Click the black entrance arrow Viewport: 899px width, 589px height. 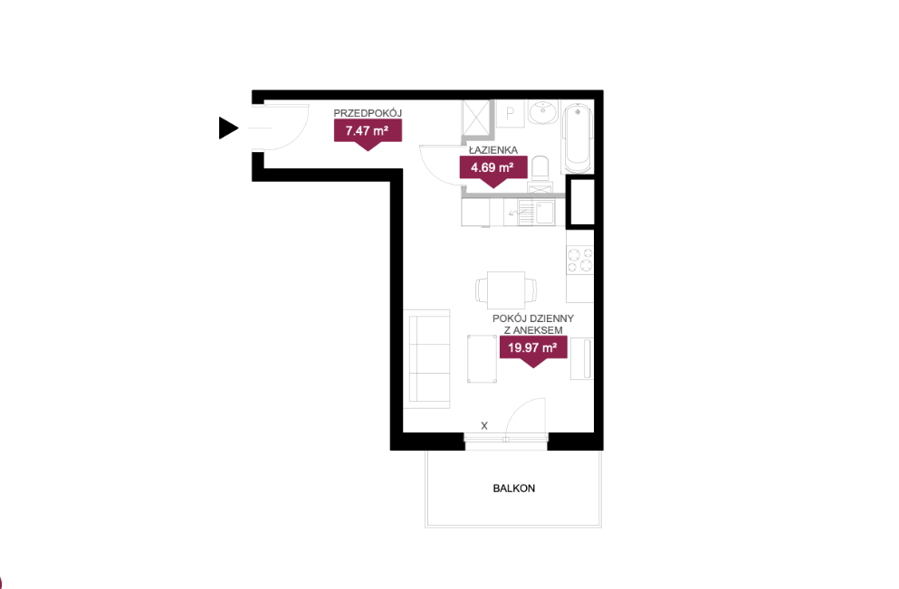coord(227,128)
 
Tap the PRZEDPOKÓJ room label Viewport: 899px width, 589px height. coord(368,113)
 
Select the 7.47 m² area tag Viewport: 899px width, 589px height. coord(368,134)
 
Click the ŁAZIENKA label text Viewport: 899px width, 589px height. coord(493,150)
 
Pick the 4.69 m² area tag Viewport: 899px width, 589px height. coord(493,171)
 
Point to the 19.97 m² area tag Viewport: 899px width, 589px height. coord(533,351)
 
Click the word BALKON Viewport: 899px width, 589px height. coord(513,489)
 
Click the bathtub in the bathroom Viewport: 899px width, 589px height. coord(578,138)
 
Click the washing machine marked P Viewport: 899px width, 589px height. coord(510,114)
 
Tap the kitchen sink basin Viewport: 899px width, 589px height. coord(544,212)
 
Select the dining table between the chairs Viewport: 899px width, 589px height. coord(506,290)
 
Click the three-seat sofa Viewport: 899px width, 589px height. coord(426,359)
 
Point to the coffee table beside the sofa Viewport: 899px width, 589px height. coord(482,359)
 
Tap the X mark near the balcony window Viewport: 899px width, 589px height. coord(484,426)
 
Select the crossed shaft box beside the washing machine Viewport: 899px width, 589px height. coord(477,118)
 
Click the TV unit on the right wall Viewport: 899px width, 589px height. coord(582,358)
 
